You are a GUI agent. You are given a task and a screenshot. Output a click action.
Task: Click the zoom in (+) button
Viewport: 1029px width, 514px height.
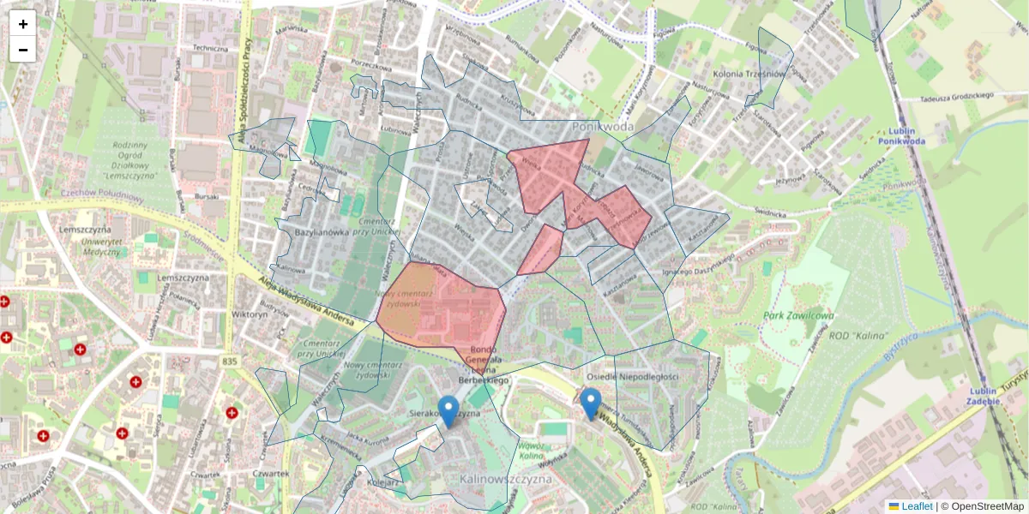23,24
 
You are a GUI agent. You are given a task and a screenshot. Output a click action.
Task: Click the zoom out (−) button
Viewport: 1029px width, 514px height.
23,50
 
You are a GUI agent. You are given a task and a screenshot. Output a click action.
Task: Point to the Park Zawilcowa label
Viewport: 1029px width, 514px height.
798,315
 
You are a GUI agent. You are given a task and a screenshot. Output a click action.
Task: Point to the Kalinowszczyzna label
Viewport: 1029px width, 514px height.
505,479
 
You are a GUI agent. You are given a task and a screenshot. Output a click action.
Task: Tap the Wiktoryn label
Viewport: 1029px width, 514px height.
250,314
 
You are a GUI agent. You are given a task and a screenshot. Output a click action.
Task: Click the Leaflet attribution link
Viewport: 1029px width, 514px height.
916,506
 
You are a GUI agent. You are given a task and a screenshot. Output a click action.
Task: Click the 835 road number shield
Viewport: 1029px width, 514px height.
229,362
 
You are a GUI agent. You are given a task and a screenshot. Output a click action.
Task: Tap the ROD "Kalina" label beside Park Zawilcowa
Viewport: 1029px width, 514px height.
857,334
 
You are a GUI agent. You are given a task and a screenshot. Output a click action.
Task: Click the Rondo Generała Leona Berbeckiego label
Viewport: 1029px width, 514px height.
484,363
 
